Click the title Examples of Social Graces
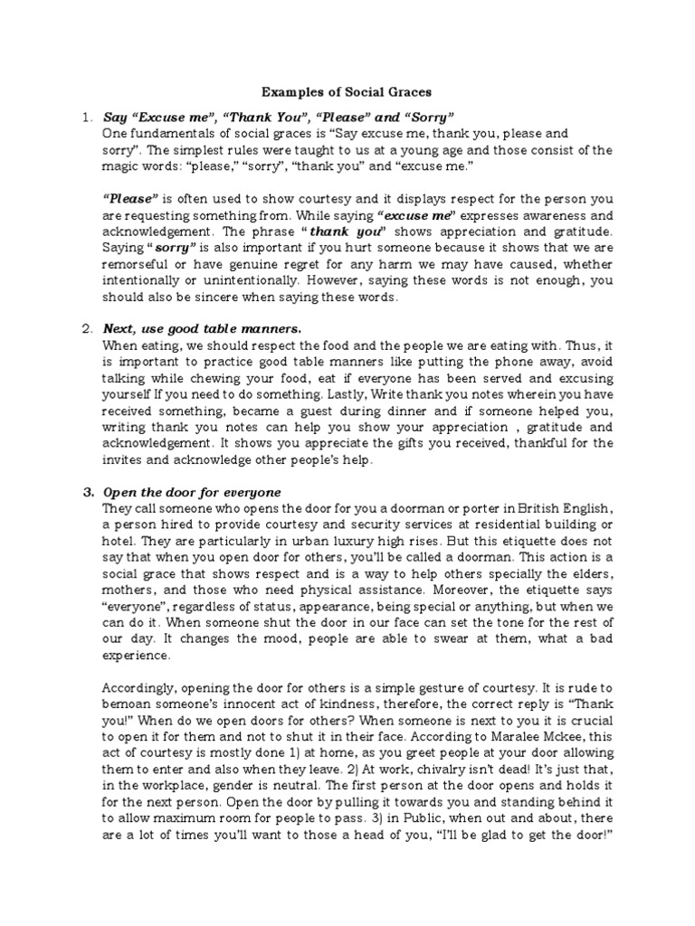click(x=347, y=91)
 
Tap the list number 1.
click(x=86, y=117)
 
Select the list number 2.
click(x=86, y=326)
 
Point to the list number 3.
click(x=87, y=492)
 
